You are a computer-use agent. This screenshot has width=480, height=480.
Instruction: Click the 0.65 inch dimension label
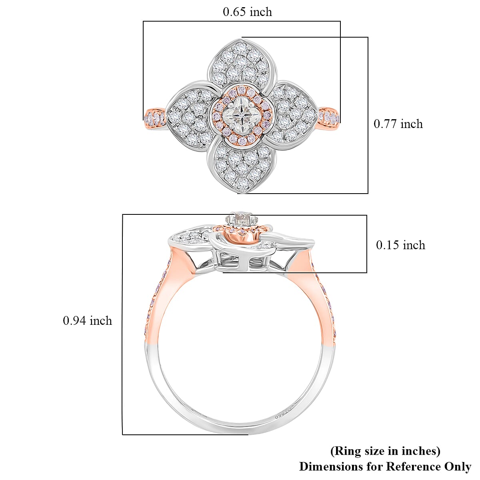click(x=247, y=12)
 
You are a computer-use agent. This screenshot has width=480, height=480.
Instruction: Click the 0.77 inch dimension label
click(x=398, y=124)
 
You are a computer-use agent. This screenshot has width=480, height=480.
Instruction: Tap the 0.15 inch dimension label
click(x=400, y=245)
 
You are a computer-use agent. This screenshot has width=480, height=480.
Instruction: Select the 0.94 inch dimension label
click(x=87, y=320)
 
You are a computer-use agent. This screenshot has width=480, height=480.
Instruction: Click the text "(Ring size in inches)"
click(x=385, y=451)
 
